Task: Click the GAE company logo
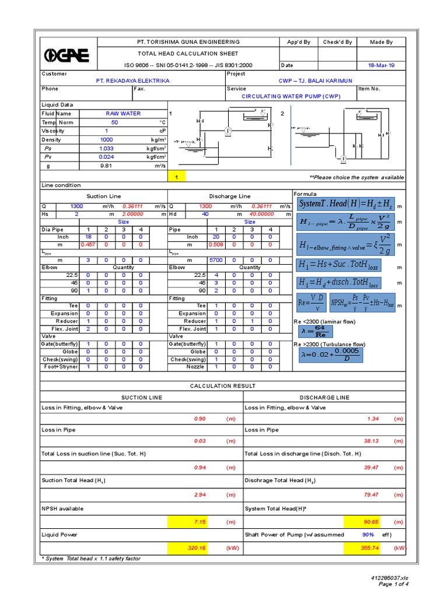(x=67, y=55)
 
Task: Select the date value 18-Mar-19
(x=382, y=65)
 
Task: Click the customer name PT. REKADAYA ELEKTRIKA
(x=132, y=81)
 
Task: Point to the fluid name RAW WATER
(x=123, y=114)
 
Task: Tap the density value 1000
(x=106, y=140)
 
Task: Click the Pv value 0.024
(x=106, y=157)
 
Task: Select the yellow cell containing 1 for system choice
(x=177, y=177)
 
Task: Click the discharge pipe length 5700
(x=216, y=260)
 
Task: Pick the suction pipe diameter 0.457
(x=87, y=245)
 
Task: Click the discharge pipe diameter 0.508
(x=216, y=245)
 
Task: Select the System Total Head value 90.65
(x=370, y=521)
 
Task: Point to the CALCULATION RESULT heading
(x=223, y=386)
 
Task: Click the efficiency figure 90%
(x=368, y=535)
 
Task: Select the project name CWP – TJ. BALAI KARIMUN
(x=313, y=81)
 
